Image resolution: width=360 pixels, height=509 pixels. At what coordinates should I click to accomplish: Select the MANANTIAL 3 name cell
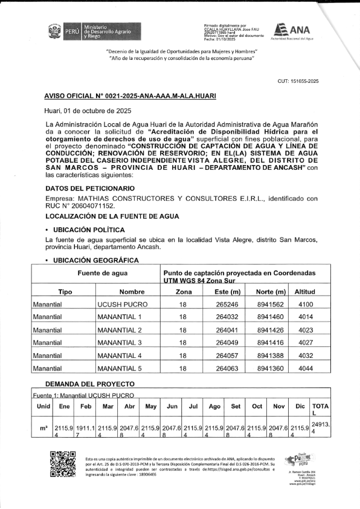pyautogui.click(x=120, y=343)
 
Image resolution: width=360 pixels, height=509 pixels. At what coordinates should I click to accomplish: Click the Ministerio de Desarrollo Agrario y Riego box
pyautogui.click(x=112, y=31)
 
